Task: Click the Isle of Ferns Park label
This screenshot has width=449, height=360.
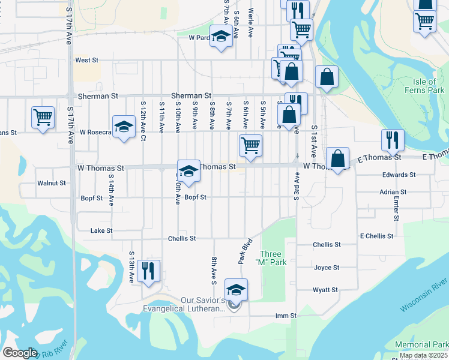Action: tap(429, 86)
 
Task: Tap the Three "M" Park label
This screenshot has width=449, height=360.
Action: tap(270, 258)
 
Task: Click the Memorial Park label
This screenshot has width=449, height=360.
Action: tap(421, 345)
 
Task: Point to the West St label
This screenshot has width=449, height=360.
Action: tap(86, 61)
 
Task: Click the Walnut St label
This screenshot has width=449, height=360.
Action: tap(51, 182)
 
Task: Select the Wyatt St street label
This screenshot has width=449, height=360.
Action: tap(326, 290)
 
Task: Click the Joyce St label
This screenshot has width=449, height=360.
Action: tap(327, 268)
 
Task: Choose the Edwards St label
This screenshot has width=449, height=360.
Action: tap(399, 175)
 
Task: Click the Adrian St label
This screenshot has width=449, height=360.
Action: tap(393, 193)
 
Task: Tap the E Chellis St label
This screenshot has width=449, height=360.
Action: tap(376, 237)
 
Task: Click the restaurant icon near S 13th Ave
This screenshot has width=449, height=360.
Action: tap(147, 270)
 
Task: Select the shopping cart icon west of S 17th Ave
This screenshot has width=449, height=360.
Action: tap(43, 118)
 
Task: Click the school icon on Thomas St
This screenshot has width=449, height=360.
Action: tap(188, 171)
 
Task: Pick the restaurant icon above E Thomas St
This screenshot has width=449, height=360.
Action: tap(392, 140)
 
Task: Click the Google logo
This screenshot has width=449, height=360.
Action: tap(20, 353)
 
